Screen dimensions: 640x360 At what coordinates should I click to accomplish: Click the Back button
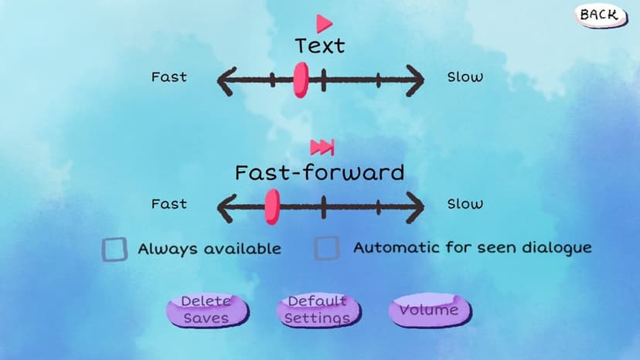(x=601, y=15)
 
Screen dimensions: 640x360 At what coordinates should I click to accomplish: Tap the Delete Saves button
(x=207, y=310)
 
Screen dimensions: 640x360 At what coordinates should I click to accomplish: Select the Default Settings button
(x=318, y=310)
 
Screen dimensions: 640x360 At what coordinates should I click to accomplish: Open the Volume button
(x=430, y=310)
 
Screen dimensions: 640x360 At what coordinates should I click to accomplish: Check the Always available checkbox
(x=114, y=249)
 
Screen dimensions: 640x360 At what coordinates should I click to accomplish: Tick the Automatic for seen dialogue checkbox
(x=326, y=248)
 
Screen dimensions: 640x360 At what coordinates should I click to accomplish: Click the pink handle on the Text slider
(x=301, y=80)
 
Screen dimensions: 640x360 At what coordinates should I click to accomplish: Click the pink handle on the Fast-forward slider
(x=272, y=207)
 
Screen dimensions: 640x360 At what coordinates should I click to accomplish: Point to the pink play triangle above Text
(x=324, y=24)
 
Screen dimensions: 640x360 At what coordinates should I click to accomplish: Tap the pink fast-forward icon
(x=322, y=148)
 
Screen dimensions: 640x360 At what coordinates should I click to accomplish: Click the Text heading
(x=320, y=46)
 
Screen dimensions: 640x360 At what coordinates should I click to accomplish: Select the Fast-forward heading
(x=319, y=172)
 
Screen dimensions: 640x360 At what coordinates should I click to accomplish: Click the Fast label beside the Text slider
(x=169, y=76)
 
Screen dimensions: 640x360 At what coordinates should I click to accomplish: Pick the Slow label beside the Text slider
(x=465, y=76)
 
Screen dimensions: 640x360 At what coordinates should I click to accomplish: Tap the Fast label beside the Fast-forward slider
(x=169, y=204)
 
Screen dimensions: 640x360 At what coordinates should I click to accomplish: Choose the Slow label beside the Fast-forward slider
(x=465, y=204)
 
